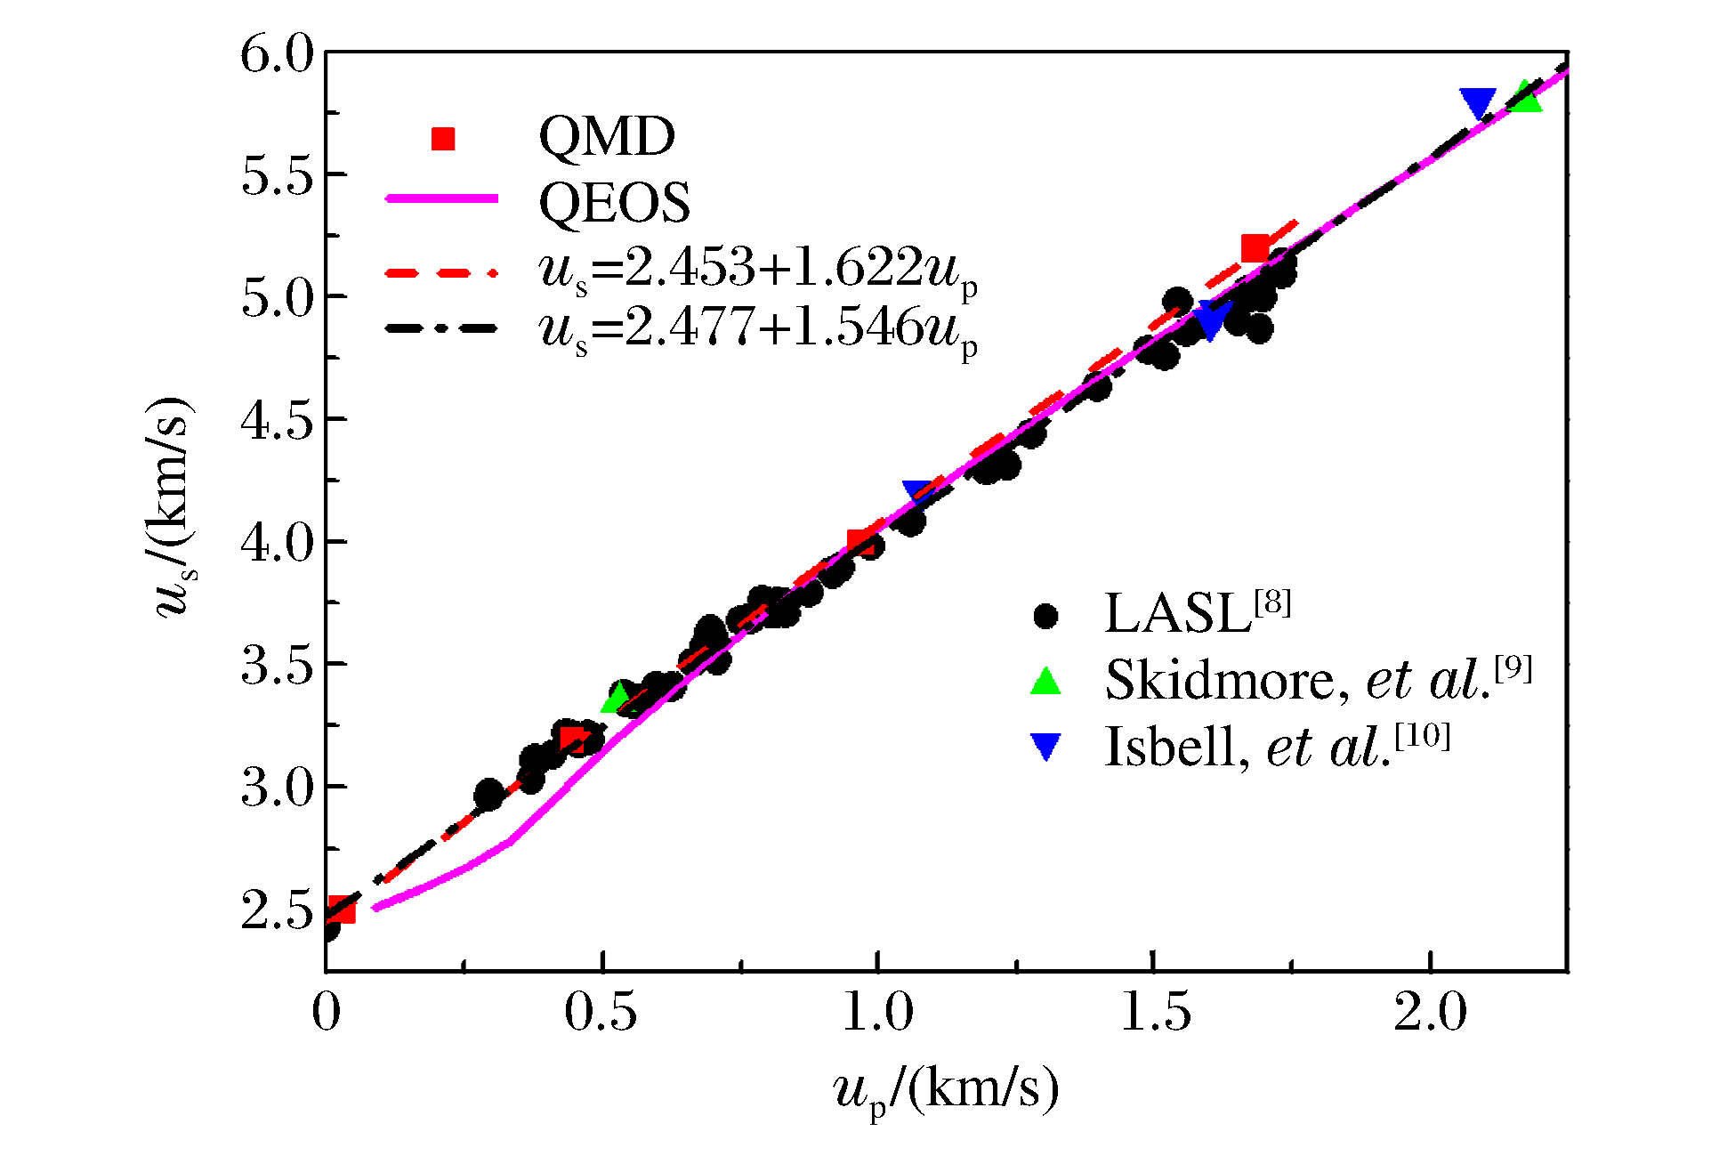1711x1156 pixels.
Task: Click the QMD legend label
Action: pyautogui.click(x=607, y=137)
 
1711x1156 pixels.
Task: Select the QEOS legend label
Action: pyautogui.click(x=614, y=202)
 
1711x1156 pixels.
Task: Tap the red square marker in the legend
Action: pyautogui.click(x=443, y=139)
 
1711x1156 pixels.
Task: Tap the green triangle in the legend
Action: pyautogui.click(x=1045, y=682)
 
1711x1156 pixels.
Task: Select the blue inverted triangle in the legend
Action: pyautogui.click(x=1045, y=747)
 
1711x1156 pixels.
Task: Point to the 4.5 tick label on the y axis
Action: pyautogui.click(x=278, y=421)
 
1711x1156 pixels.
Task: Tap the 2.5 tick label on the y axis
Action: pyautogui.click(x=278, y=910)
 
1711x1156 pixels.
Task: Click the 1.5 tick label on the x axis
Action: pyautogui.click(x=1154, y=1013)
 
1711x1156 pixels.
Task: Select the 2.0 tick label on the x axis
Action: pyautogui.click(x=1430, y=1013)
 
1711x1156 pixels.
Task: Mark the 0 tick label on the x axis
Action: pyautogui.click(x=327, y=1013)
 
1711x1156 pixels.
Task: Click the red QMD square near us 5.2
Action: pyautogui.click(x=1255, y=248)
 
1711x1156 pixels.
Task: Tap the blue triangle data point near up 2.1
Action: pyautogui.click(x=1478, y=103)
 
